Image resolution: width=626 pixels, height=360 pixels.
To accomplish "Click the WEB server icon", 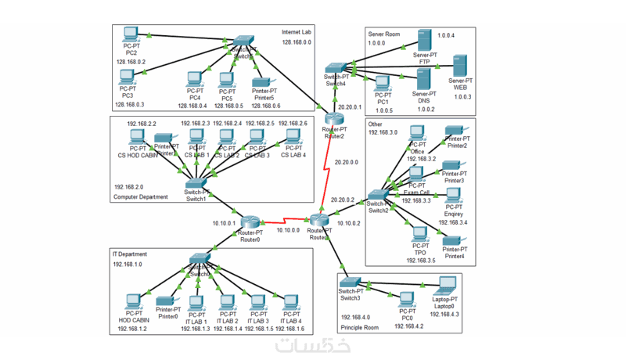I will click(x=460, y=65).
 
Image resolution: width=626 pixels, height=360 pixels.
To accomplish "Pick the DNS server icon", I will click(x=423, y=79).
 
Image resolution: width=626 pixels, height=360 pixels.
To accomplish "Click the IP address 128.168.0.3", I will click(x=130, y=104).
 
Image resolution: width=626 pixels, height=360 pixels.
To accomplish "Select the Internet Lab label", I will click(x=297, y=32).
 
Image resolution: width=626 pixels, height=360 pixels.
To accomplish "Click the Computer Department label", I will click(x=141, y=197).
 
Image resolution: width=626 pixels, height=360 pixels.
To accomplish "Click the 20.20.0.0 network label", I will click(x=346, y=163).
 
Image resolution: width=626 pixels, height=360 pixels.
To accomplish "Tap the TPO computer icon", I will click(x=420, y=234).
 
